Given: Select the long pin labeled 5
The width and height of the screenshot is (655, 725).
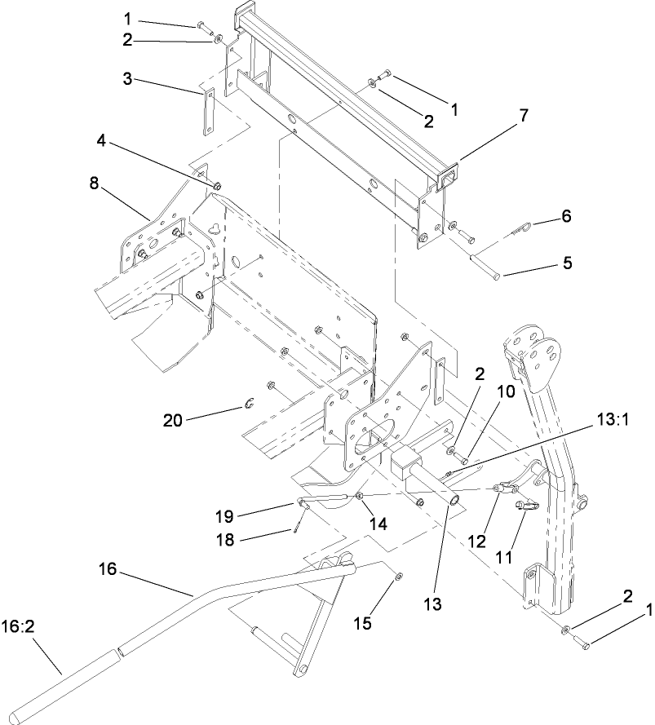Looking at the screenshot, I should tap(483, 268).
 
